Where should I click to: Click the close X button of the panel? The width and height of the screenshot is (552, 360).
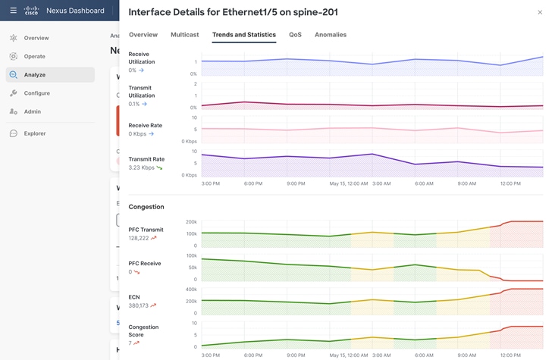pos(540,12)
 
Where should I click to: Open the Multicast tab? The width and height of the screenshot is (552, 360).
pos(185,35)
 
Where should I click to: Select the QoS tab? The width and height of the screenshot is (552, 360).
pos(295,35)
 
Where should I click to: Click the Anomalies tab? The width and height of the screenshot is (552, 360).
pos(331,35)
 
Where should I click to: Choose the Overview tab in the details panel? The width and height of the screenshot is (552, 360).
pos(143,35)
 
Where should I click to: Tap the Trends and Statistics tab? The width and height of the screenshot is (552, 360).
pos(244,35)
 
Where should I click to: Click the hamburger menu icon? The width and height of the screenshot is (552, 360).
pos(13,11)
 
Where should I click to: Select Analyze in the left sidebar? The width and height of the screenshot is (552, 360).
pos(35,75)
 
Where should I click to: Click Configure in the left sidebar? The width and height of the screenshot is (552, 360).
pos(36,93)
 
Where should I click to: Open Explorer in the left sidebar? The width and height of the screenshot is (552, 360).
pos(35,133)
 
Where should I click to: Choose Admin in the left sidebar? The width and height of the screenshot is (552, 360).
pos(32,111)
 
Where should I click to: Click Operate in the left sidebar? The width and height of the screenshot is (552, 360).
pos(34,56)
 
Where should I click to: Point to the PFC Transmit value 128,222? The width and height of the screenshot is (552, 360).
pos(139,238)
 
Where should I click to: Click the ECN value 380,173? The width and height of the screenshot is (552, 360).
pos(139,305)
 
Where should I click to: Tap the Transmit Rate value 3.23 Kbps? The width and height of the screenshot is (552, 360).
pos(142,167)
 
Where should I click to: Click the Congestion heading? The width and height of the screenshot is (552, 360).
pos(146,207)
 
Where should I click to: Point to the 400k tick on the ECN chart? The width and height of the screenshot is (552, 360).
pos(192,289)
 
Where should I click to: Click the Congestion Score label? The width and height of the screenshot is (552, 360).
pos(143,330)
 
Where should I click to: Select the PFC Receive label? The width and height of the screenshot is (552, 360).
pos(145,263)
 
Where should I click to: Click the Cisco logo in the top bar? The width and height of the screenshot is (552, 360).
pos(31,11)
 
